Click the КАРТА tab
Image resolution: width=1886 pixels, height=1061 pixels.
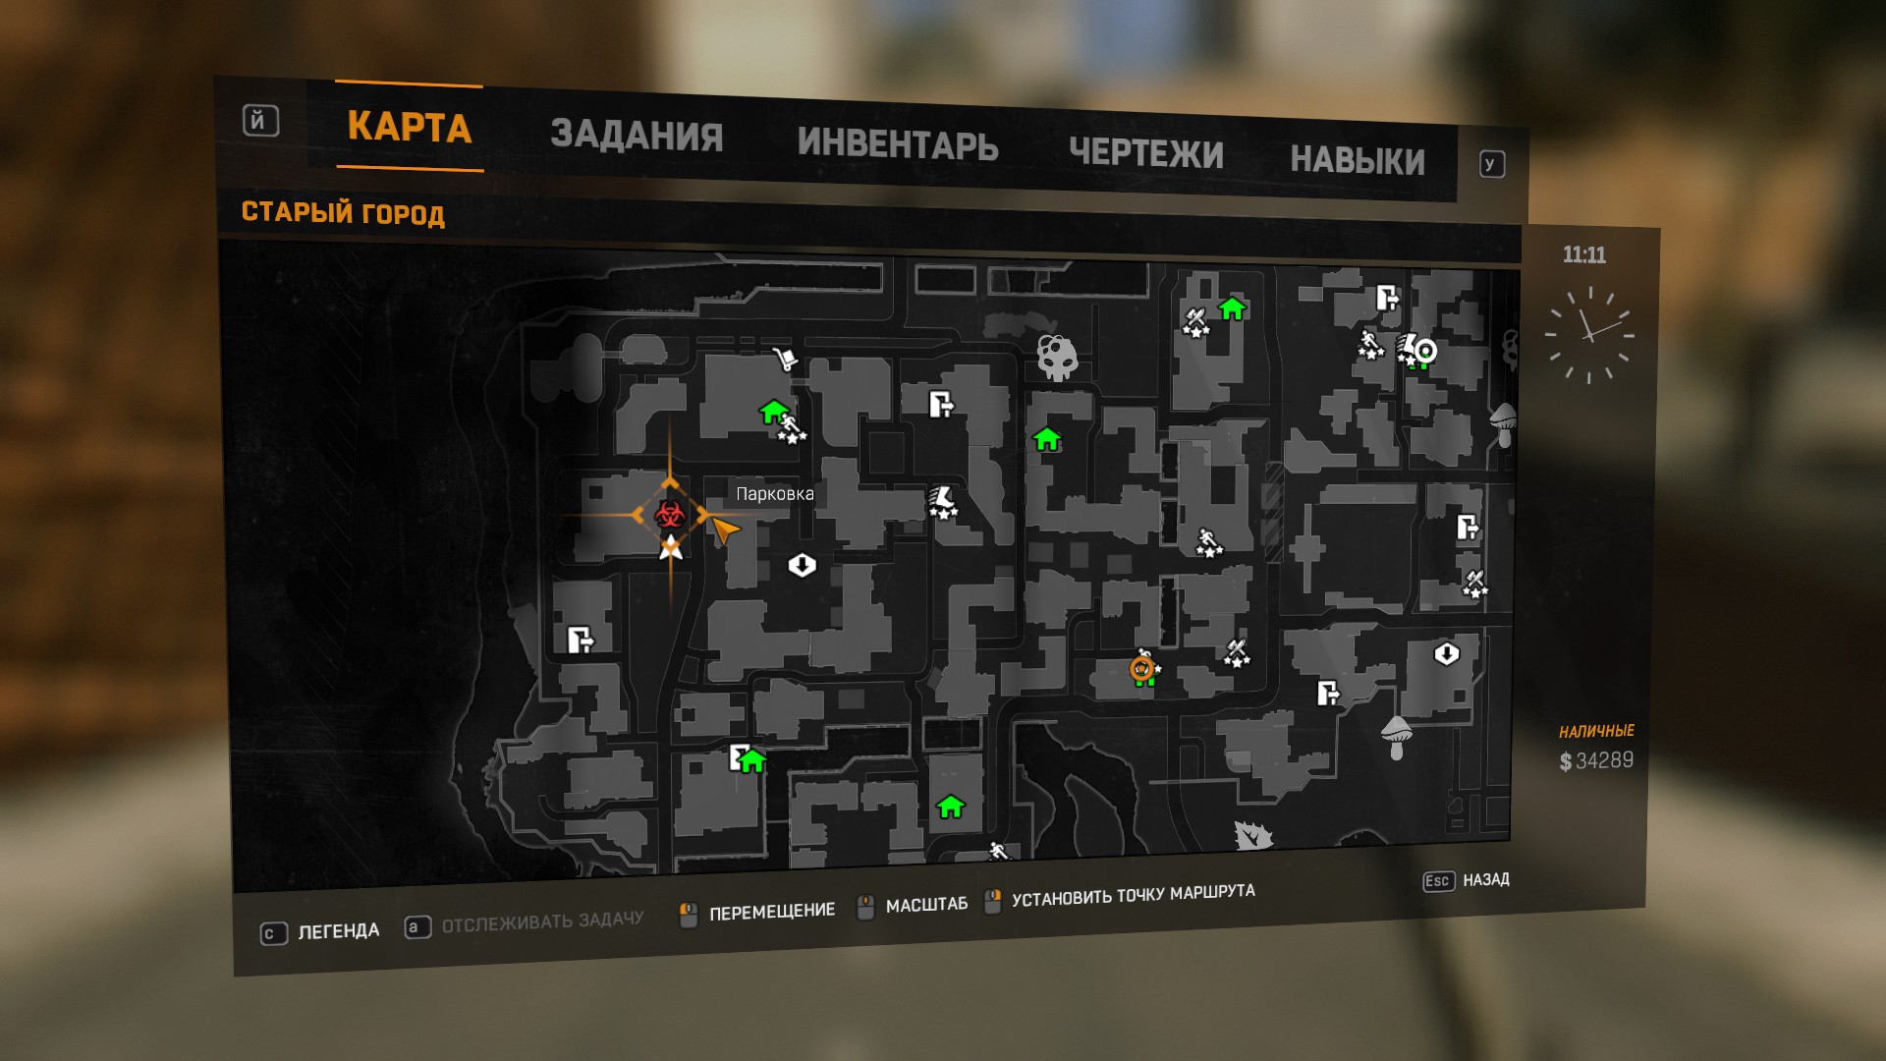click(410, 127)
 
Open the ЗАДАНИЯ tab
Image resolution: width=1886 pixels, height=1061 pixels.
click(637, 136)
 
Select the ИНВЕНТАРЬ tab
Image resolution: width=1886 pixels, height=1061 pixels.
click(898, 144)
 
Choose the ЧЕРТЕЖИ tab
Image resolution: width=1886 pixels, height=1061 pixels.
click(1145, 153)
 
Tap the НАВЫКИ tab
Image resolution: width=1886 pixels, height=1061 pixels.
click(1357, 160)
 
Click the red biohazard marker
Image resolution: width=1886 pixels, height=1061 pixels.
click(670, 514)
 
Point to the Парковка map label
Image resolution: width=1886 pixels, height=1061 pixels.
click(775, 493)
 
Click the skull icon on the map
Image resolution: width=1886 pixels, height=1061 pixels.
click(1057, 357)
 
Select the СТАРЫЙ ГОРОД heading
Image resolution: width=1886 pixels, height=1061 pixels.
click(343, 212)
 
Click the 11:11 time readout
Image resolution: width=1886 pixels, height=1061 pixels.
click(1583, 255)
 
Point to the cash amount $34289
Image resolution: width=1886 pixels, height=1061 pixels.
click(1596, 760)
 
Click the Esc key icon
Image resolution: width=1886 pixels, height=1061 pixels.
click(1437, 881)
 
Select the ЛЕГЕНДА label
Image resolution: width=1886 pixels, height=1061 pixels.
click(338, 930)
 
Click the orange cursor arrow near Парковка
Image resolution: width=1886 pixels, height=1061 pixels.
click(725, 530)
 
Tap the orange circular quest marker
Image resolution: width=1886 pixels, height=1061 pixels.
click(1141, 669)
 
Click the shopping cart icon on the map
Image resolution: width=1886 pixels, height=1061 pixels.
click(785, 359)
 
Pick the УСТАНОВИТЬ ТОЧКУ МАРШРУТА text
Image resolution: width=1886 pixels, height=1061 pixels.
click(1133, 895)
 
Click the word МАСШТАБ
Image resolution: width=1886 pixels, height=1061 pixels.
click(926, 905)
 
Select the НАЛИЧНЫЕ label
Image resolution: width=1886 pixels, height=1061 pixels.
click(1596, 731)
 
